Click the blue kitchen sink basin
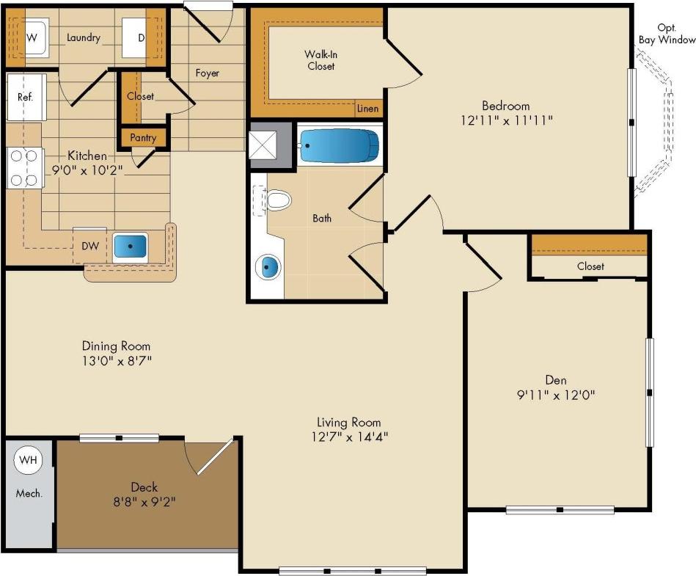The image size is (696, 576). point(131,247)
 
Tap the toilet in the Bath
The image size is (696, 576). point(277,199)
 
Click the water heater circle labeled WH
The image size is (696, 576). point(28,460)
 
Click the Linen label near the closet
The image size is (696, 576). point(368,109)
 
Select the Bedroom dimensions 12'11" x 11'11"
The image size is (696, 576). point(505,119)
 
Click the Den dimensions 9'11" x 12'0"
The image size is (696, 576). point(554,395)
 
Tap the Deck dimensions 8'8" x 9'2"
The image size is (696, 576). point(144,502)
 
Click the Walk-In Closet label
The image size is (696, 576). point(320,60)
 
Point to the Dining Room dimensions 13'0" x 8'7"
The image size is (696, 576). point(116,360)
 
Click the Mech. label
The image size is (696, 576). point(29,493)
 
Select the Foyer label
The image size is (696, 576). point(207,73)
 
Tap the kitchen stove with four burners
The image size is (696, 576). point(23,167)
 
